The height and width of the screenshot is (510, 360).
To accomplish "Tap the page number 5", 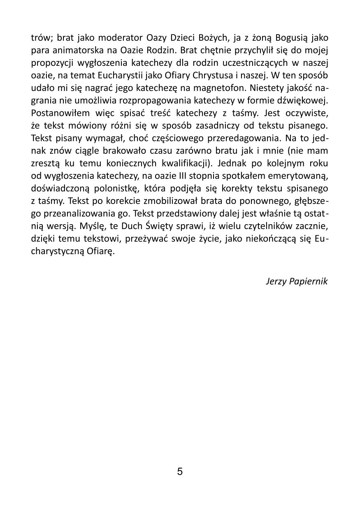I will (180, 471).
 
